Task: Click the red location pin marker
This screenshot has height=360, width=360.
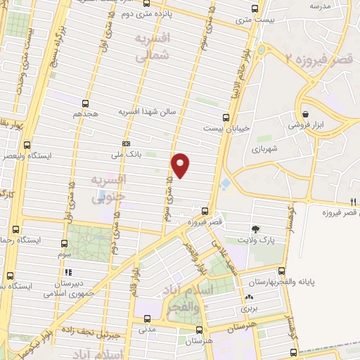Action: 181,165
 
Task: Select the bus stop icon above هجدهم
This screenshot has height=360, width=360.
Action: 86,103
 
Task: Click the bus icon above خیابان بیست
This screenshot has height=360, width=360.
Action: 225,117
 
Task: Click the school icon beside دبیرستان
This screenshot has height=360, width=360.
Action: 68,272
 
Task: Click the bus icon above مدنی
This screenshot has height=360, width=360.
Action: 146,317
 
